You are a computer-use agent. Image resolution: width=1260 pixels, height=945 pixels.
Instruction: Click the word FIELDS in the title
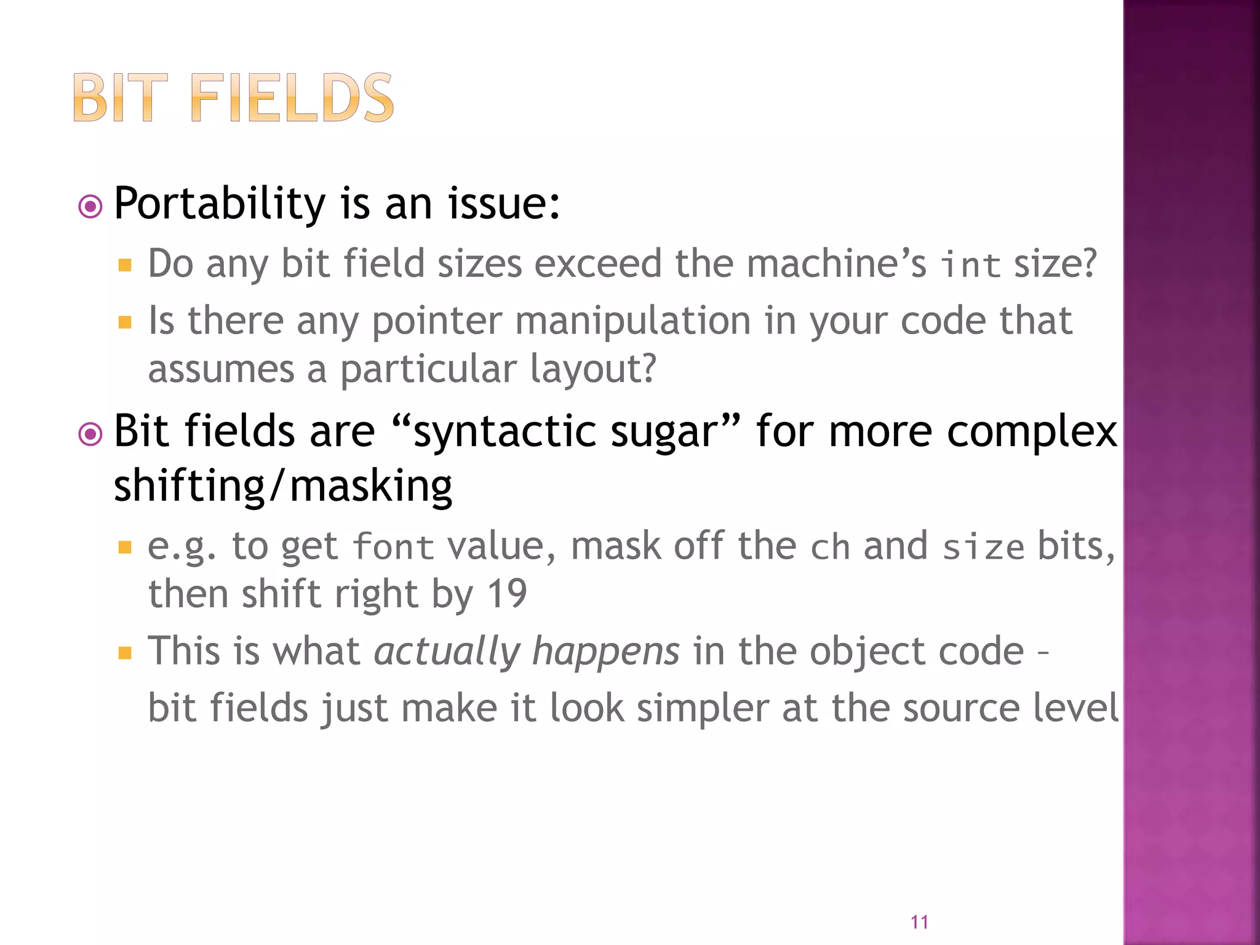[292, 98]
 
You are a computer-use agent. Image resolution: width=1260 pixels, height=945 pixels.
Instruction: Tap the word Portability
[220, 204]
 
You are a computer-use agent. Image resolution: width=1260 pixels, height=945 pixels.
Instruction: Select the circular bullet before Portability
[90, 207]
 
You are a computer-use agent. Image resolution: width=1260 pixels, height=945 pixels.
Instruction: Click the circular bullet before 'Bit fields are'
[90, 434]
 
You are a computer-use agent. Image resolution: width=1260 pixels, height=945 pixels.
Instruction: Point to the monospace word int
[970, 265]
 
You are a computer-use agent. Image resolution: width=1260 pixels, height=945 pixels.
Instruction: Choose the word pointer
[437, 321]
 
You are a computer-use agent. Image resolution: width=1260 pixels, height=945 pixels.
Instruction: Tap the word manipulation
[632, 321]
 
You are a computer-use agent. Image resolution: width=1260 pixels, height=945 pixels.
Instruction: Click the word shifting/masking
[283, 486]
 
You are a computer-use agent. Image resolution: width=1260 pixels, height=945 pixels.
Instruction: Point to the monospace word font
[394, 547]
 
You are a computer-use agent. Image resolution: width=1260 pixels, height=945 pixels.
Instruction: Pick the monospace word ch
[830, 547]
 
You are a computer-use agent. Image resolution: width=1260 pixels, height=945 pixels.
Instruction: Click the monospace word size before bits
[983, 547]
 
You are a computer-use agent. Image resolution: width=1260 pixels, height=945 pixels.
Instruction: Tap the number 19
[507, 594]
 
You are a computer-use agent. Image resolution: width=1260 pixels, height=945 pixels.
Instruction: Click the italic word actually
[447, 652]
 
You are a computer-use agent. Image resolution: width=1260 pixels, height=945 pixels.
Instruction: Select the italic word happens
[606, 652]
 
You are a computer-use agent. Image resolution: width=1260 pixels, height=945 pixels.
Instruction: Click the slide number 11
[919, 922]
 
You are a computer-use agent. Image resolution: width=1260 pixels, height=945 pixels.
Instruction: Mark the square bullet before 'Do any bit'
[126, 265]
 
